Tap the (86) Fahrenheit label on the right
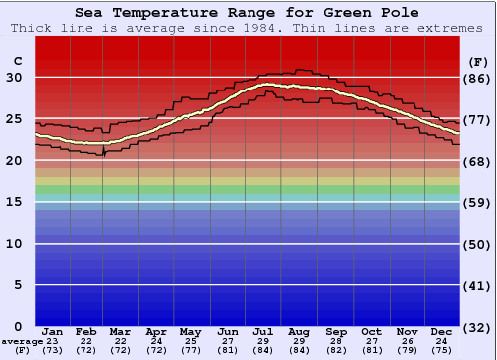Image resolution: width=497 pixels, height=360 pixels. tap(477, 78)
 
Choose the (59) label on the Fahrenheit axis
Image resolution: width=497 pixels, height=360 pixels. tap(477, 202)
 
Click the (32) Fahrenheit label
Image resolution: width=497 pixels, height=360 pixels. tap(477, 327)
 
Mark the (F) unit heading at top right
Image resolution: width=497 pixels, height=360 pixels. tap(477, 61)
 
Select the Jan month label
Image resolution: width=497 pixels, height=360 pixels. tap(53, 332)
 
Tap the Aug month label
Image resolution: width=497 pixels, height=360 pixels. tap(300, 332)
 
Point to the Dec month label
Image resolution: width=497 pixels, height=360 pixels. tap(442, 332)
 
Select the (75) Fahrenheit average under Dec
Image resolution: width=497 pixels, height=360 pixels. tap(442, 350)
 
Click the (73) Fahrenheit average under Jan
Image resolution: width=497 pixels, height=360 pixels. tap(53, 350)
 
